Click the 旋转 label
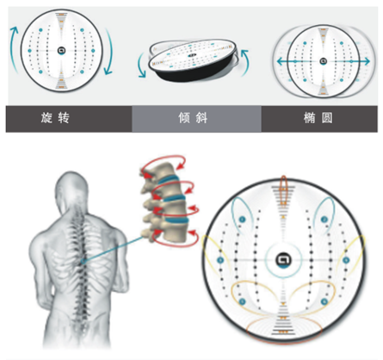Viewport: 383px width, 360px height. [x=55, y=118]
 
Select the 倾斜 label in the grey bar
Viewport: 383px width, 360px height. [x=193, y=118]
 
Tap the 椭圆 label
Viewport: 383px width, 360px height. [x=318, y=118]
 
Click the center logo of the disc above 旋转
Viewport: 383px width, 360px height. [x=61, y=51]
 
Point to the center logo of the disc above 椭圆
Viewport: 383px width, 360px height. [x=324, y=61]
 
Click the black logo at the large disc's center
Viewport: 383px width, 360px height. [x=283, y=260]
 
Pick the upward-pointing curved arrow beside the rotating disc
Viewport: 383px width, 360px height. [x=14, y=44]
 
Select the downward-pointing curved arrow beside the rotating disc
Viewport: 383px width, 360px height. [x=109, y=52]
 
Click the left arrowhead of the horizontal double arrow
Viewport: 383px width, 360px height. [x=281, y=61]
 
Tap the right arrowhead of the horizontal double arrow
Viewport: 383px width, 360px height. [x=366, y=61]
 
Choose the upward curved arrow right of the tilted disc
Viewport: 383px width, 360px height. [x=244, y=62]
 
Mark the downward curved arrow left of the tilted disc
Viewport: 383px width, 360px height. [x=141, y=65]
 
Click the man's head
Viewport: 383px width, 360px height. [x=71, y=189]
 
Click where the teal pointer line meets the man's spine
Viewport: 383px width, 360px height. [x=83, y=262]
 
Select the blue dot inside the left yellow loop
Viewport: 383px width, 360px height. [x=220, y=260]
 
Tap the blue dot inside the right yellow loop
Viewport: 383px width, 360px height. [x=346, y=260]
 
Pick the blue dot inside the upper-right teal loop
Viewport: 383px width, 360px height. [x=324, y=220]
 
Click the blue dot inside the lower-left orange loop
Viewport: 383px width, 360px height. [x=243, y=301]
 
